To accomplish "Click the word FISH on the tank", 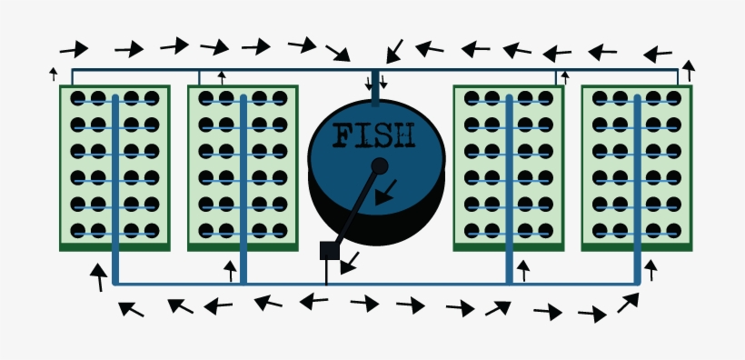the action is click(374, 136).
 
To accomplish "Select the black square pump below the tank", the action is click(329, 251).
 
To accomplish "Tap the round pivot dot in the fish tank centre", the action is click(380, 165).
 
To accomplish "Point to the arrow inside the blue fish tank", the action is click(385, 192).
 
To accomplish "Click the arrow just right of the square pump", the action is click(349, 263).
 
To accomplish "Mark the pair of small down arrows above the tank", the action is click(375, 84).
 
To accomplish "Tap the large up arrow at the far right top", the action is click(689, 70).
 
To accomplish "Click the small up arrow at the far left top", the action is click(53, 74).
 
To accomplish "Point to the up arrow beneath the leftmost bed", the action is click(98, 276).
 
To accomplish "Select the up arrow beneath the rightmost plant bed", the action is click(651, 269).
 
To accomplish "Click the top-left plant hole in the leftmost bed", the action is click(78, 98).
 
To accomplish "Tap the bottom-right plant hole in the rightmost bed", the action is click(673, 231).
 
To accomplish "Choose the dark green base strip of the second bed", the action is click(243, 245).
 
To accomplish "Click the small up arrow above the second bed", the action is click(222, 77).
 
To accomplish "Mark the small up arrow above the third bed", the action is click(564, 77).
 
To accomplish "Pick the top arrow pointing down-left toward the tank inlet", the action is click(393, 51).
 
